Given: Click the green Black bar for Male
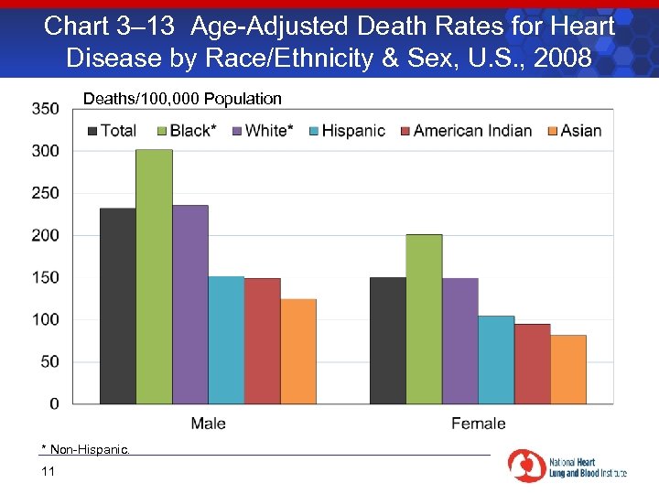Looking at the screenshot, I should click(154, 276).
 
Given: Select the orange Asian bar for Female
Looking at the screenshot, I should click(568, 369).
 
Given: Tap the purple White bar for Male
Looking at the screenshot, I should click(190, 305).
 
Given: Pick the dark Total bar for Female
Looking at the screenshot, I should click(388, 340).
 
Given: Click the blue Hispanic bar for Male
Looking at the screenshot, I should click(226, 339).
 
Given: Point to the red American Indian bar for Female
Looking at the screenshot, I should click(533, 363).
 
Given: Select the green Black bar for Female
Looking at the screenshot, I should click(424, 318).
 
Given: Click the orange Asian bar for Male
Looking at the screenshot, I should click(298, 350).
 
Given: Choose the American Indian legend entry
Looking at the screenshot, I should click(464, 131).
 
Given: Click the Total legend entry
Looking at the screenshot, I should click(112, 131).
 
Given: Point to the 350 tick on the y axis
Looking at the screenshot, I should click(45, 109).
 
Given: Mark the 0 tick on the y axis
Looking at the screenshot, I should click(55, 403).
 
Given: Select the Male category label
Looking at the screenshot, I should click(209, 424).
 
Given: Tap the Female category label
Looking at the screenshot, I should click(478, 424).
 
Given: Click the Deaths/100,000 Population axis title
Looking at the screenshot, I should click(182, 99).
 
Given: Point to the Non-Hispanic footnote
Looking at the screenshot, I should click(86, 449).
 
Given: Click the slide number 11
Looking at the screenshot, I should click(49, 471).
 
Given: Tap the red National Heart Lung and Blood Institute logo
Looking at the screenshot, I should click(526, 466).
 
